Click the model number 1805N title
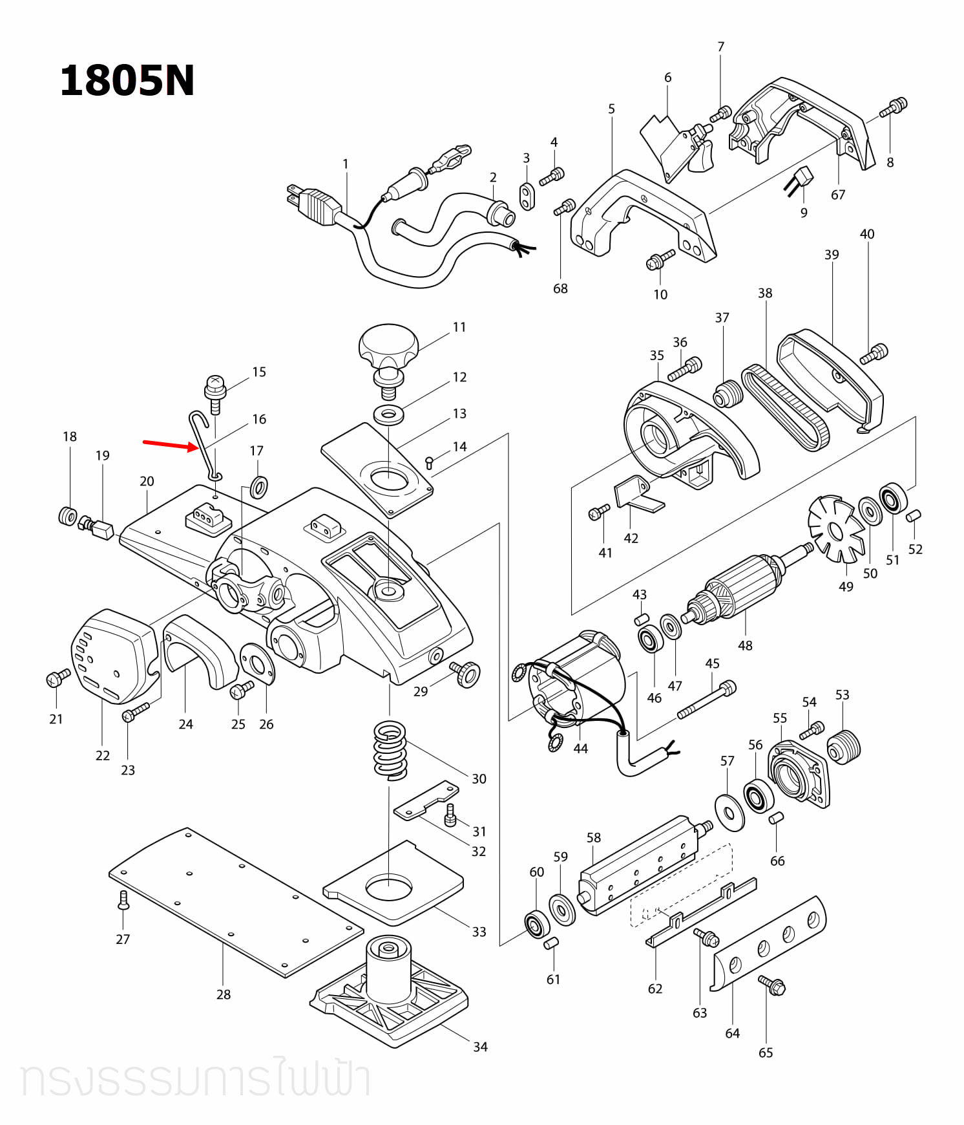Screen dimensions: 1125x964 (x=127, y=81)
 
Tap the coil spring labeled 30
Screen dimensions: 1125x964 (x=390, y=750)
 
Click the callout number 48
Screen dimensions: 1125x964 (x=745, y=645)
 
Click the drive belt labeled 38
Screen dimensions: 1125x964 (x=784, y=407)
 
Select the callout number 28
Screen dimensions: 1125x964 (x=224, y=994)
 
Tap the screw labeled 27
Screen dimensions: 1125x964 (x=123, y=899)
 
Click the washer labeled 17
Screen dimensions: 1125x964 (x=259, y=486)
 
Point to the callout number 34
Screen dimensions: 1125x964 (x=480, y=1047)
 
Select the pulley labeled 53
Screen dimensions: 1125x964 (x=844, y=747)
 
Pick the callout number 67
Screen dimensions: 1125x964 (x=838, y=195)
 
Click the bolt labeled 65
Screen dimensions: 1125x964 (x=772, y=985)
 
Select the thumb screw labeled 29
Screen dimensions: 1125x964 (x=465, y=674)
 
